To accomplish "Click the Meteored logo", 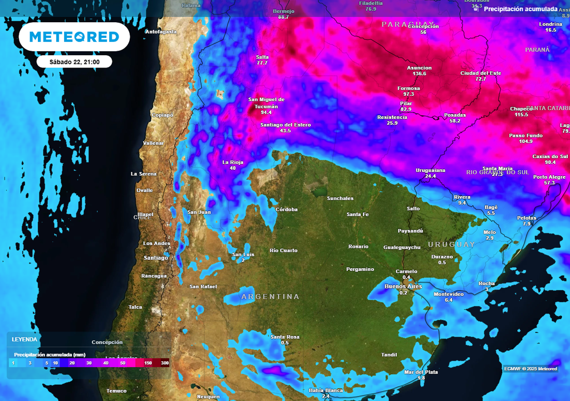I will point(74,37).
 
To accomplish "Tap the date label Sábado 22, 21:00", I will point(75,62).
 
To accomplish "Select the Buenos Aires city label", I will point(403,286).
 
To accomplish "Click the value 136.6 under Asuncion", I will point(419,74).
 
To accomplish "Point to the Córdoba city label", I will point(287,209).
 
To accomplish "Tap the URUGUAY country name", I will point(451,244).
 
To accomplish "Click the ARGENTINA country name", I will point(270,297).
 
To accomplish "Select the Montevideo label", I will point(449,294).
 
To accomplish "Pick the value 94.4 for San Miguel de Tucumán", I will point(266,113).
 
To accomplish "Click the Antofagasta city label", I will point(161,32).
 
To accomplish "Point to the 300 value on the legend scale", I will point(165,363).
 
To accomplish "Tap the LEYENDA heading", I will point(24,339).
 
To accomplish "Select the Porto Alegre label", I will point(549,177).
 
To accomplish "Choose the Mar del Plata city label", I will point(421,372).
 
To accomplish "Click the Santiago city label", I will point(155,258).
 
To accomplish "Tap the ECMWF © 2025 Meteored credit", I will point(530,369).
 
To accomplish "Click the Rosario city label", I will point(358,246).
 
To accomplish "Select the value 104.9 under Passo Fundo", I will point(525,141).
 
